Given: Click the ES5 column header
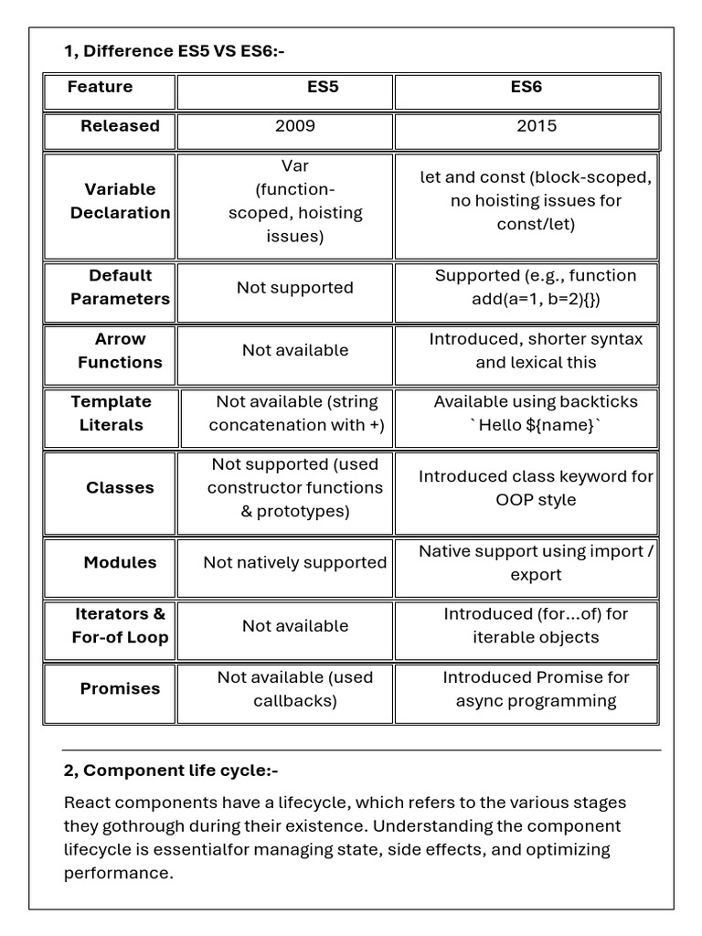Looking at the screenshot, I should pyautogui.click(x=322, y=88).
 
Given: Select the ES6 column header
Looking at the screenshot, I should pyautogui.click(x=526, y=88).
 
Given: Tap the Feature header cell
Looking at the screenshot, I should pyautogui.click(x=100, y=88).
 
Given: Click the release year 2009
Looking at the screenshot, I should pyautogui.click(x=295, y=126).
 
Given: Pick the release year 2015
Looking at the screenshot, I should pyautogui.click(x=537, y=126).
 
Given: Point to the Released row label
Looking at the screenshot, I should pyautogui.click(x=120, y=126).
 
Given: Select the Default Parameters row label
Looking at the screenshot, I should pyautogui.click(x=120, y=287).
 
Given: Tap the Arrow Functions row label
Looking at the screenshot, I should pyautogui.click(x=120, y=350).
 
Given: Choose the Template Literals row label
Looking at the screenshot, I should pyautogui.click(x=112, y=413).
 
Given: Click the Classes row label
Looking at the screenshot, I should pyautogui.click(x=120, y=488).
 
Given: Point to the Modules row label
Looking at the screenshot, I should pyautogui.click(x=120, y=563).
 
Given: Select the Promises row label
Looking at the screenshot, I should pyautogui.click(x=120, y=689).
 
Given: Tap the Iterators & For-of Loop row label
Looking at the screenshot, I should pyautogui.click(x=120, y=626).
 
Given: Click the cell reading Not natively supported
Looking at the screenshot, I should pyautogui.click(x=295, y=563).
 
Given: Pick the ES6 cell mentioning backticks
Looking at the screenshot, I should pyautogui.click(x=536, y=413).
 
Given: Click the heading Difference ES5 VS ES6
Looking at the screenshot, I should pyautogui.click(x=175, y=51).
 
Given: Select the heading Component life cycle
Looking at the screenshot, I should pyautogui.click(x=171, y=771).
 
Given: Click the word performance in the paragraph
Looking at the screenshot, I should pyautogui.click(x=117, y=873).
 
